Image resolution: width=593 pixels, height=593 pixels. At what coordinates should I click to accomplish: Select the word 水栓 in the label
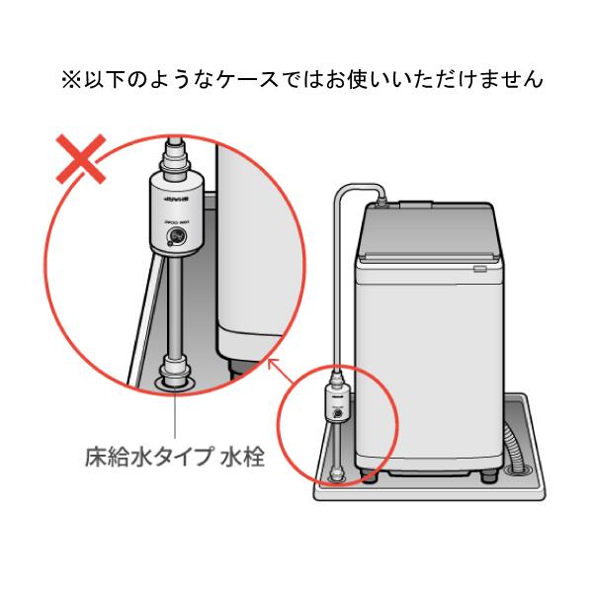tap(239, 458)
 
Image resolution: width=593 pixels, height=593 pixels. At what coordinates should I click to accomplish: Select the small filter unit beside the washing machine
tap(336, 405)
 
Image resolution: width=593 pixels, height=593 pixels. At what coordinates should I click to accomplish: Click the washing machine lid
tap(425, 237)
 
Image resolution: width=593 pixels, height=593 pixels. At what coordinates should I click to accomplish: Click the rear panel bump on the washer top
tap(414, 205)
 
